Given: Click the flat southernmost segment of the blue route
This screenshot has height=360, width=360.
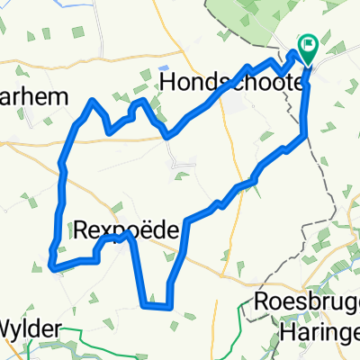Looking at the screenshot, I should [156, 306].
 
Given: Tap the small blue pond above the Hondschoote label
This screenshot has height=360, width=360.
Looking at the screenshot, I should [163, 67].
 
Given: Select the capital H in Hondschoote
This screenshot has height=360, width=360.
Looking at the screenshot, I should [167, 82].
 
